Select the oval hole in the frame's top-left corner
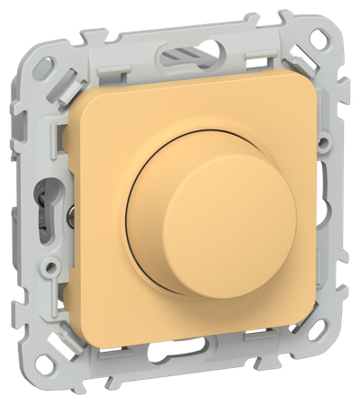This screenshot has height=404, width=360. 35,40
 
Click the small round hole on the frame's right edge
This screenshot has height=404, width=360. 337,199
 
